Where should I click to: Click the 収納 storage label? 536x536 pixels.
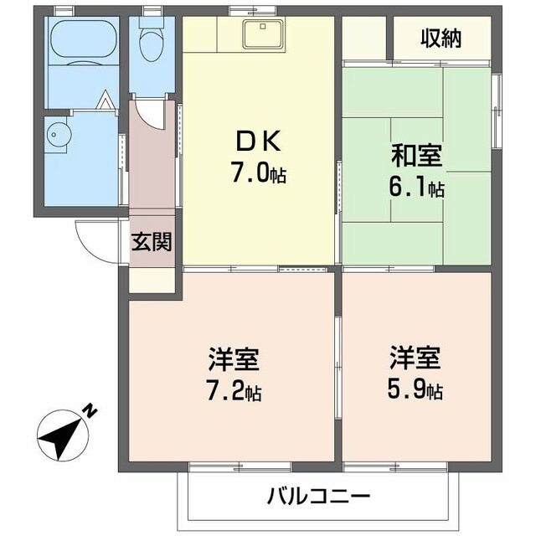(x=441, y=39)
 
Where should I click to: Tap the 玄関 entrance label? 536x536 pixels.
(x=152, y=244)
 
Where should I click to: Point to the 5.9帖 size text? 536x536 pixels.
(x=415, y=391)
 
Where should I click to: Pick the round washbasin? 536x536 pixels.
(x=59, y=132)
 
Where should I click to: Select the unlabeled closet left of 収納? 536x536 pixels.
(x=364, y=37)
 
